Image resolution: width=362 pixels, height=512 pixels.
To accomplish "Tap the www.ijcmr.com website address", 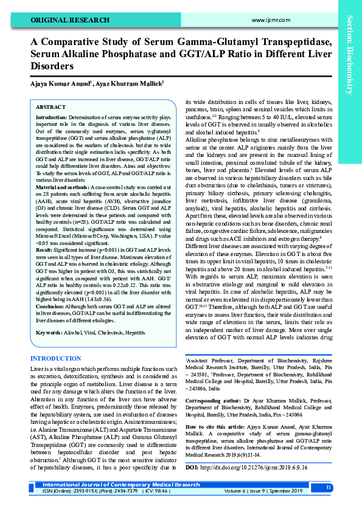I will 260,20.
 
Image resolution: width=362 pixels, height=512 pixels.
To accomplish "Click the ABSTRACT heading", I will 50,106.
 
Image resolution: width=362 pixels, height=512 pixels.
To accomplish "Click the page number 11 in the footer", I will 329,488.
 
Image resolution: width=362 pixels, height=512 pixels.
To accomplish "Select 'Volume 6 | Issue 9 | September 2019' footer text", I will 271,491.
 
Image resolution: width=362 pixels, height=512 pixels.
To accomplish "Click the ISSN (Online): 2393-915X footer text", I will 61,491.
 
